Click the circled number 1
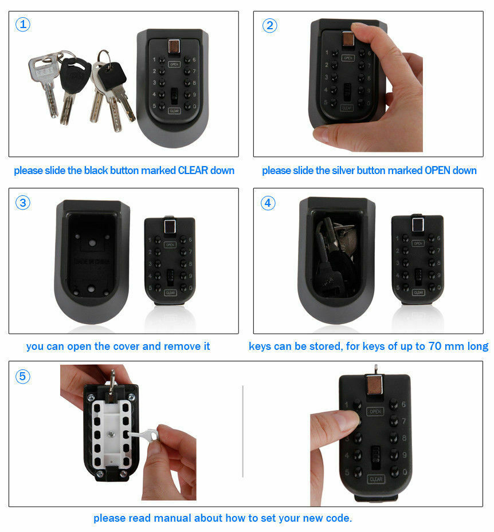tap(22, 25)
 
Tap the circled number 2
tap(270, 25)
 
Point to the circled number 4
tap(268, 203)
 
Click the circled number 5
tap(23, 376)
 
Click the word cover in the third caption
tap(129, 346)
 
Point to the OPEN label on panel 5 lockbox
tap(375, 412)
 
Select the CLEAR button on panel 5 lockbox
tap(375, 479)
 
